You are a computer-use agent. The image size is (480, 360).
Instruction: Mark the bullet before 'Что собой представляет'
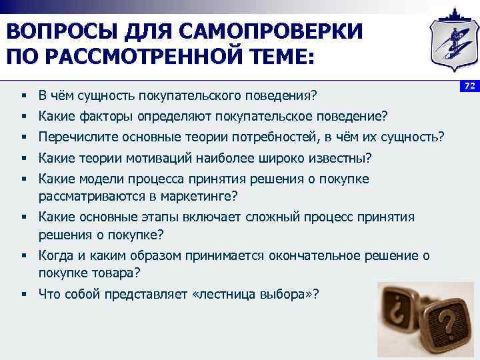coord(23,293)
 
